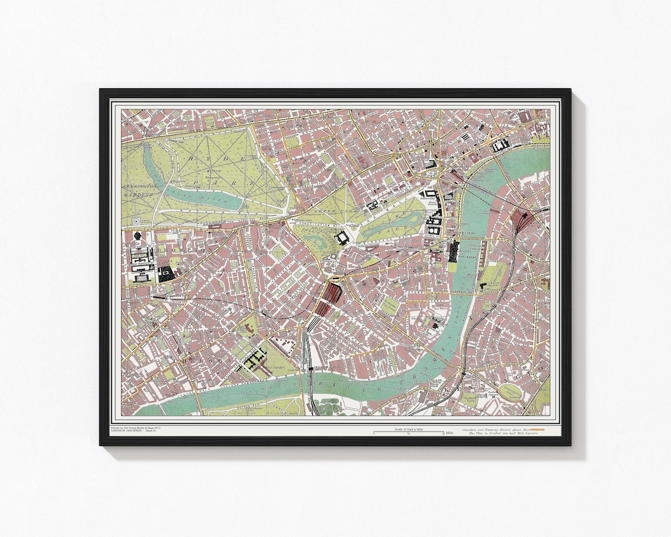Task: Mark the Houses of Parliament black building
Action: pos(454,250)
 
